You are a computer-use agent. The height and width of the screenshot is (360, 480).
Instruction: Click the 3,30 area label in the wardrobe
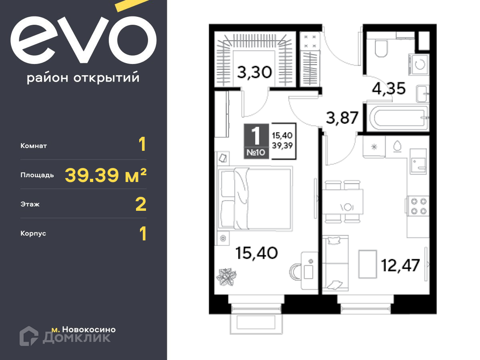[254, 72]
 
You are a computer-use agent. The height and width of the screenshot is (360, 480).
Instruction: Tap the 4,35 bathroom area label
[388, 88]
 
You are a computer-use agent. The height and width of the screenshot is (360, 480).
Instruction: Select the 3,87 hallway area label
[342, 118]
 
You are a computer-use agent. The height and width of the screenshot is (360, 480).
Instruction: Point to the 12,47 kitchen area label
[400, 265]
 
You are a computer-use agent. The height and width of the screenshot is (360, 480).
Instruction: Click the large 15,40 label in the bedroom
[256, 253]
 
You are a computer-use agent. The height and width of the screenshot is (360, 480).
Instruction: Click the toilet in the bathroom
[381, 48]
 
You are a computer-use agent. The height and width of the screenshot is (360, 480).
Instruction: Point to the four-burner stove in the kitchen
[418, 206]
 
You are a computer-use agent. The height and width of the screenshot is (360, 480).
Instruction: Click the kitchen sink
[418, 162]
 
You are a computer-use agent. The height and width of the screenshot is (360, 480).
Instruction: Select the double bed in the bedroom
[255, 199]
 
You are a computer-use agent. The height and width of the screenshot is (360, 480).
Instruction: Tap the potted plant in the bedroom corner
[226, 277]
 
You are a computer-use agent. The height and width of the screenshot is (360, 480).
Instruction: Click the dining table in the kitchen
[343, 202]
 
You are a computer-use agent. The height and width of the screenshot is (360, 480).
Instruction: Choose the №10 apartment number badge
[256, 152]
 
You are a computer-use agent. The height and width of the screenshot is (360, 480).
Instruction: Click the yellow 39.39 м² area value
[106, 175]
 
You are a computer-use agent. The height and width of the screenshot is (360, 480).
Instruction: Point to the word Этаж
[30, 204]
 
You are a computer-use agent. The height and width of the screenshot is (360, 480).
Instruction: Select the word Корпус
[33, 234]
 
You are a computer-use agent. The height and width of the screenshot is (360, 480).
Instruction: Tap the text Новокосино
[89, 329]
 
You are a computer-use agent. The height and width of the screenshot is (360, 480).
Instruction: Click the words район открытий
[83, 77]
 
